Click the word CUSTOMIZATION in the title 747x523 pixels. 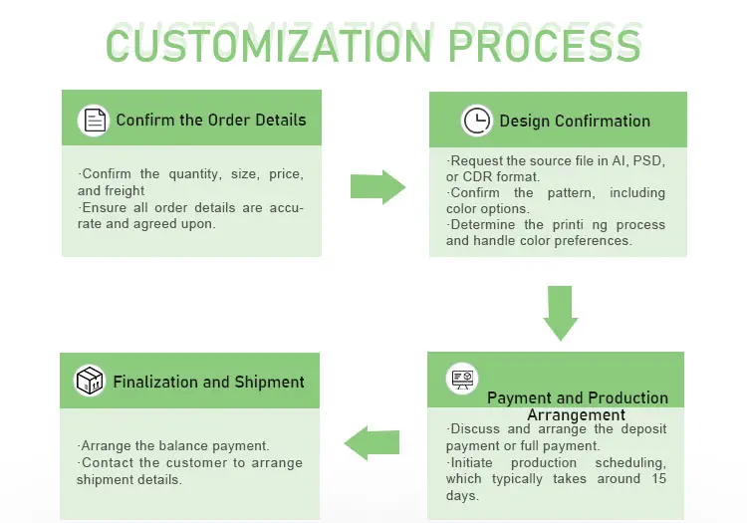[x=270, y=44]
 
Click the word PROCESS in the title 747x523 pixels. [x=544, y=44]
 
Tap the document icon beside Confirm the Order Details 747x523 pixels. [x=94, y=121]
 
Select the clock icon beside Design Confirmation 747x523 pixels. [x=477, y=121]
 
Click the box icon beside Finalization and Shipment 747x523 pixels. [x=90, y=381]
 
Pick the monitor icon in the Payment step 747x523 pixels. [x=462, y=378]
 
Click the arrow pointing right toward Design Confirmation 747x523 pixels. [x=377, y=186]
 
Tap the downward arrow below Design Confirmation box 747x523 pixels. [x=561, y=311]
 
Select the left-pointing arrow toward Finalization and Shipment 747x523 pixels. [x=371, y=442]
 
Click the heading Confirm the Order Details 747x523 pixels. [x=211, y=121]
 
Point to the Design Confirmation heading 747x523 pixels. [x=575, y=122]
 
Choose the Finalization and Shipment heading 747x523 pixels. [x=209, y=382]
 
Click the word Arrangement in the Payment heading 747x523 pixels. [x=576, y=414]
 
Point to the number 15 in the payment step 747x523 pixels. [x=657, y=479]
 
